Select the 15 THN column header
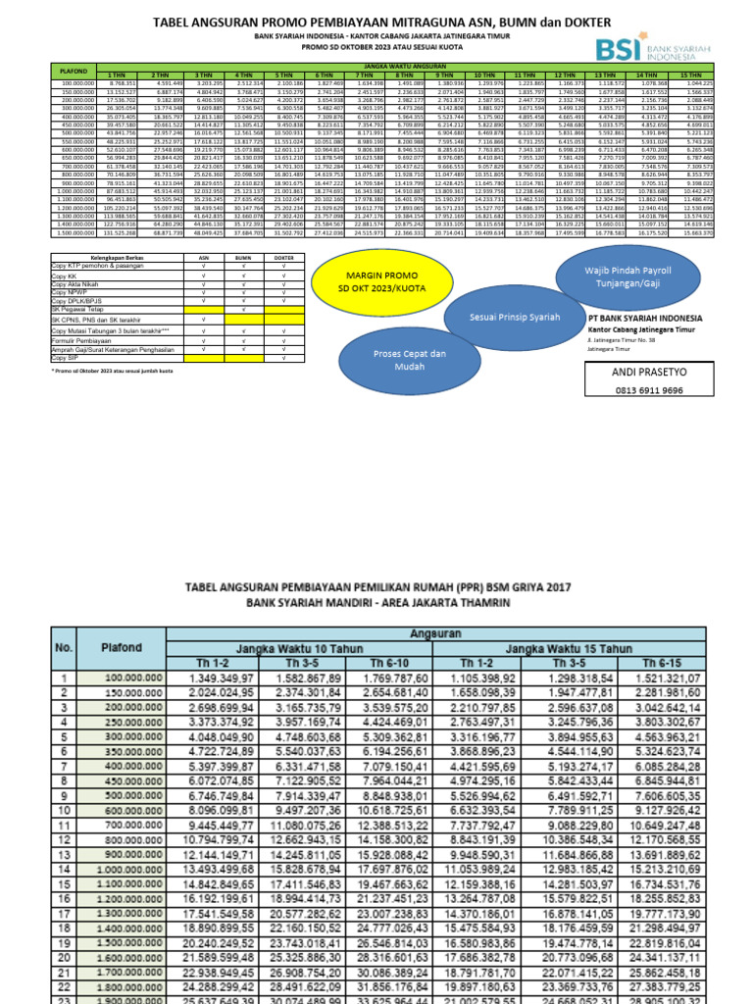pyautogui.click(x=691, y=75)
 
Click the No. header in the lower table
pyautogui.click(x=65, y=646)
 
